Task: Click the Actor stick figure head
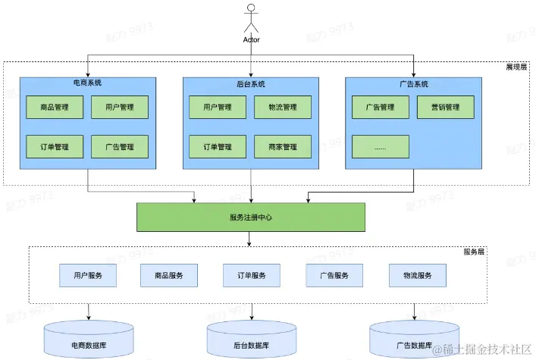(x=251, y=8)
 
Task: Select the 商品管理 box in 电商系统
(x=55, y=108)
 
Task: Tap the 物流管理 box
(x=283, y=108)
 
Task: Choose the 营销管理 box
(x=446, y=108)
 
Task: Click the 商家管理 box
(x=283, y=147)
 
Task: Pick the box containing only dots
(x=381, y=147)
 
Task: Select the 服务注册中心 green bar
(x=251, y=217)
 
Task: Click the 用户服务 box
(x=88, y=275)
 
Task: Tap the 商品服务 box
(x=169, y=275)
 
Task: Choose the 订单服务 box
(x=252, y=275)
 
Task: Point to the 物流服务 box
(x=418, y=275)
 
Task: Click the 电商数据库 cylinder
(x=89, y=339)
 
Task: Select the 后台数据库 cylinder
(x=252, y=339)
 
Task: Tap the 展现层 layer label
(x=516, y=67)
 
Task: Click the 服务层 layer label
(x=474, y=252)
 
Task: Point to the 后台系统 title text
(x=251, y=84)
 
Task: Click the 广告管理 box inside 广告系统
(x=381, y=108)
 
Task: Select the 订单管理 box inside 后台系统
(x=218, y=147)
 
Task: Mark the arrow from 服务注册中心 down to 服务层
(x=249, y=239)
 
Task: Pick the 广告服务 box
(x=334, y=275)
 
